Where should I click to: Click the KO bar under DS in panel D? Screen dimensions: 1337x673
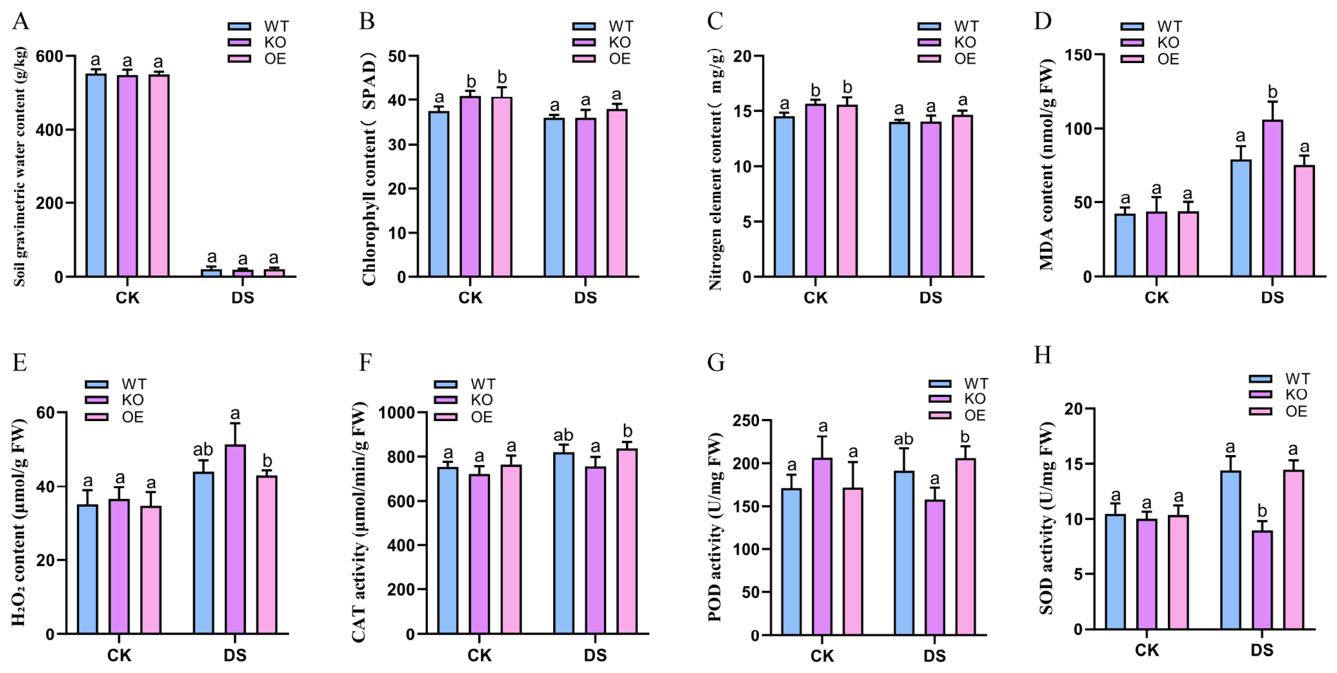(x=1273, y=198)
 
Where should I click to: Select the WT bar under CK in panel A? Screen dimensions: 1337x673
(x=96, y=176)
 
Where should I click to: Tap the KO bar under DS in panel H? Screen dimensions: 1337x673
(x=1262, y=580)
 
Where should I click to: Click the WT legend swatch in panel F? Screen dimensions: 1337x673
(x=446, y=384)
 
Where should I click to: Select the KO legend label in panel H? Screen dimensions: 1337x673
(x=1296, y=395)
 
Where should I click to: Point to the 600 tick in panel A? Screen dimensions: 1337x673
(x=64, y=56)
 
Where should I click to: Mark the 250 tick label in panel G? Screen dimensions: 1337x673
(x=747, y=421)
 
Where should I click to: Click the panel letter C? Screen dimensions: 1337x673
(x=715, y=21)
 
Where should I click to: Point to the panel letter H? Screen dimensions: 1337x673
(x=1043, y=355)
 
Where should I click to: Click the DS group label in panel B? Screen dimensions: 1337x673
(x=586, y=298)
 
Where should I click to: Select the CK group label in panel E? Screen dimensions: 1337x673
(x=120, y=655)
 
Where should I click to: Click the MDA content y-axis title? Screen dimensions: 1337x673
(x=1047, y=164)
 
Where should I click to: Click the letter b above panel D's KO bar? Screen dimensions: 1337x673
(x=1273, y=92)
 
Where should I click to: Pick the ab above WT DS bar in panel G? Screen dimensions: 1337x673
(x=903, y=439)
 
